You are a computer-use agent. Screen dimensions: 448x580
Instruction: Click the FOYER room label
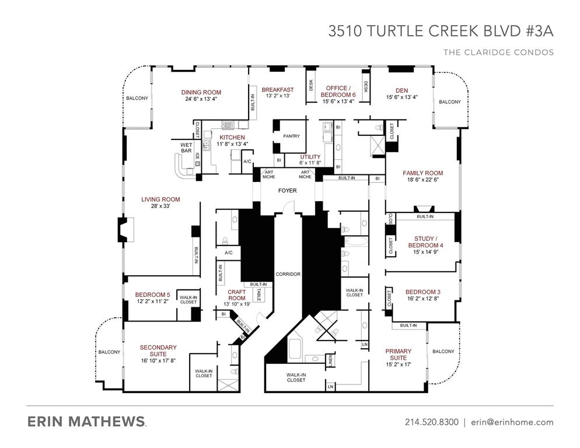coord(287,191)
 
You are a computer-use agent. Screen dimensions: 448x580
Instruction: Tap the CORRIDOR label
coord(288,274)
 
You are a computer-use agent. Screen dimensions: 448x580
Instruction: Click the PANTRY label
coord(291,136)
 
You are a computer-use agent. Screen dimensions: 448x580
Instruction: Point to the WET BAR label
coord(186,148)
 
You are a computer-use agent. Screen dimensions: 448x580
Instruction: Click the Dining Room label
coord(201,92)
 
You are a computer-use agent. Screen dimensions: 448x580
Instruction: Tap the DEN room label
coord(401,90)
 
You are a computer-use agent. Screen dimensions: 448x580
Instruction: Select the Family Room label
coord(422,173)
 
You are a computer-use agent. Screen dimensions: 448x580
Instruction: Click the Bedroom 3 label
coord(422,292)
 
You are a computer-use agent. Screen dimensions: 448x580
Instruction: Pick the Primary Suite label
coord(399,355)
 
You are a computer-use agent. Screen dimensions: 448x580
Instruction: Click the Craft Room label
coord(236,295)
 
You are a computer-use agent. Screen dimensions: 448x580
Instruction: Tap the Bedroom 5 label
coord(152,295)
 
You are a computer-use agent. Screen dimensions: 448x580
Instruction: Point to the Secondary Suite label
coord(158,351)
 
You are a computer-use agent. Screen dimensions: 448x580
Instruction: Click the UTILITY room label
coord(310,157)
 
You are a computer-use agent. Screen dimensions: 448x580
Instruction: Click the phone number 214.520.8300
coord(431,422)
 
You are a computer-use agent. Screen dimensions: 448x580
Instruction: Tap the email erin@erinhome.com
coord(512,422)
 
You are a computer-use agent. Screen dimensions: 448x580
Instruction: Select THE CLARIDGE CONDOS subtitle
coord(498,52)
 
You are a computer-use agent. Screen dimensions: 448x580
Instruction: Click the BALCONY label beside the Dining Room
coord(137,98)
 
